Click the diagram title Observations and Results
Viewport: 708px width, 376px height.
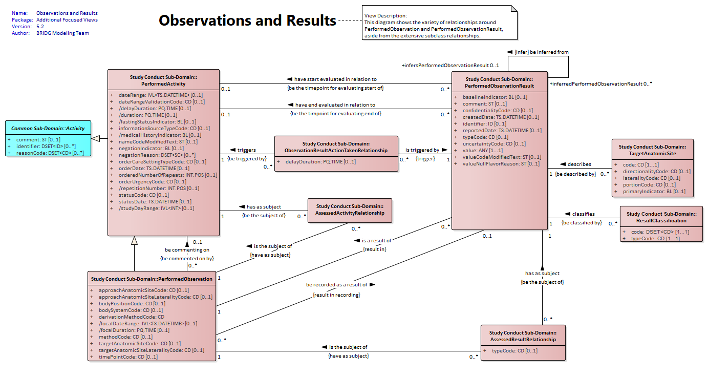point(247,20)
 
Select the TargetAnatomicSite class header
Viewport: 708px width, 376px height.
point(652,150)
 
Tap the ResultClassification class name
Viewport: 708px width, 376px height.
point(661,221)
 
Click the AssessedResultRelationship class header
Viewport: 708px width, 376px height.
point(523,336)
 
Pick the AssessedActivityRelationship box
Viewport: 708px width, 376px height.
point(350,211)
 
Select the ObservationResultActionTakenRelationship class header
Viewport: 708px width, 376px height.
point(336,147)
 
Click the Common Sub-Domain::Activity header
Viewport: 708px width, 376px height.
point(48,128)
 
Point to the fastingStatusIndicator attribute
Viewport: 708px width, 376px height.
point(157,122)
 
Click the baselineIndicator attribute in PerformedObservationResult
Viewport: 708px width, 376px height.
point(495,97)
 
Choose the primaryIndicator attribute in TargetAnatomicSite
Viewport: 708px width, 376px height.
point(654,191)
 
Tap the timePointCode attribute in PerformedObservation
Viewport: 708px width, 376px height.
point(128,357)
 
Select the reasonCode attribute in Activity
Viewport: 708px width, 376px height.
point(50,153)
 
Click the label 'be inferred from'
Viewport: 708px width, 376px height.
point(549,52)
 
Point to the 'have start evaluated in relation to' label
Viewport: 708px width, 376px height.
point(335,79)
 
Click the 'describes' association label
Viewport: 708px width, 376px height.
point(579,164)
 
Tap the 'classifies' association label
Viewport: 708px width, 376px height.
point(583,214)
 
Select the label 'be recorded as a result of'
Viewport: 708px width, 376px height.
point(337,285)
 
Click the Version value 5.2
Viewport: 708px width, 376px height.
point(40,27)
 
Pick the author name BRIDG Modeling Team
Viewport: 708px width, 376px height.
point(62,33)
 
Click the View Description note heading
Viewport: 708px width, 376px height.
point(385,15)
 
